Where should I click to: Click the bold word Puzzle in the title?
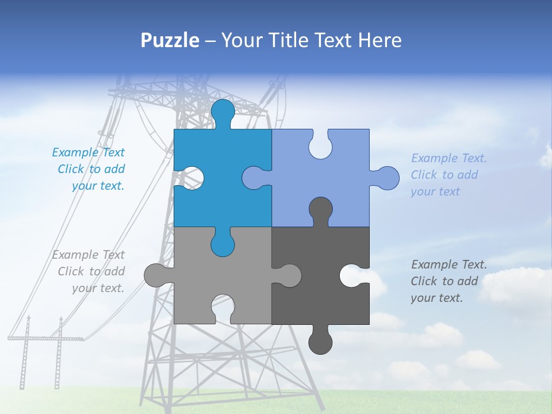pos(170,40)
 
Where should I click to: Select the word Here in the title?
pos(380,40)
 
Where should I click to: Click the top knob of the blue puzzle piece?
pos(223,112)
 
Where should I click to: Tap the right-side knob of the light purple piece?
pos(386,178)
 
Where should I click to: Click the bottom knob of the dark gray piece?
pos(320,341)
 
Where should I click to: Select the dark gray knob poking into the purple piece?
pos(320,210)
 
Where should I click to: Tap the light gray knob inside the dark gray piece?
pos(287,275)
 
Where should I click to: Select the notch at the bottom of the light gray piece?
pos(223,307)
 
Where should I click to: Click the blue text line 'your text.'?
pos(98,186)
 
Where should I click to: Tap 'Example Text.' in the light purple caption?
pos(448,158)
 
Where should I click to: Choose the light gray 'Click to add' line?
pos(91,271)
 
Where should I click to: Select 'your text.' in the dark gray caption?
pos(436,298)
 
